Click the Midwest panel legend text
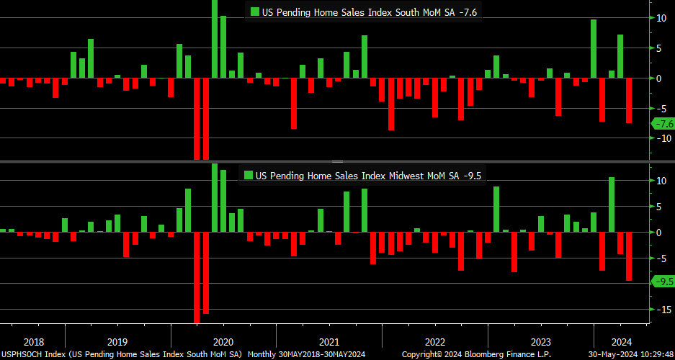click(x=368, y=175)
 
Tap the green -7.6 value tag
click(x=663, y=123)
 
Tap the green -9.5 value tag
click(x=663, y=282)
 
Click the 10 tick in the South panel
click(x=661, y=18)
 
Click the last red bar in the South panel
click(x=629, y=100)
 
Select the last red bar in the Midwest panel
click(x=629, y=256)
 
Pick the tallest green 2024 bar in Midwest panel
click(x=611, y=204)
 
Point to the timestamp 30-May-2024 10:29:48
click(x=630, y=355)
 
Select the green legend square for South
click(x=255, y=11)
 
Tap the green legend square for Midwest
click(x=249, y=175)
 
